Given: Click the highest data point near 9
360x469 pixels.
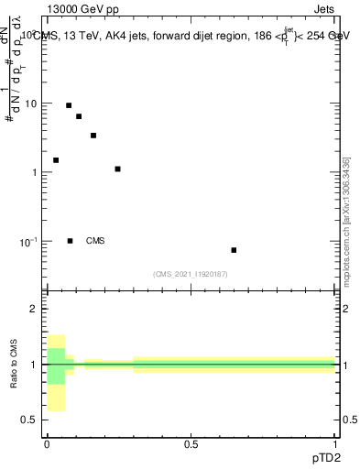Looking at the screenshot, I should pyautogui.click(x=69, y=105).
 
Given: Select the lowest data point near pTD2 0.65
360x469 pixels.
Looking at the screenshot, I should pyautogui.click(x=234, y=250).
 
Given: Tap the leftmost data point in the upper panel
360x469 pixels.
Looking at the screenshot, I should pyautogui.click(x=56, y=160).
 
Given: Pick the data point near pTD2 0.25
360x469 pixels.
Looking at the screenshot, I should pyautogui.click(x=118, y=169).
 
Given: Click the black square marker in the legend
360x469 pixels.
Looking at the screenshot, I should pyautogui.click(x=71, y=241).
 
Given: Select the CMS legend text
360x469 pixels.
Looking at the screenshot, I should pyautogui.click(x=95, y=241).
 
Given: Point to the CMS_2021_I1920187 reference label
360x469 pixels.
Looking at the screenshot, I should pyautogui.click(x=191, y=274).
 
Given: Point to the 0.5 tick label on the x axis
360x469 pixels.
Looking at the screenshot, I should pyautogui.click(x=191, y=444).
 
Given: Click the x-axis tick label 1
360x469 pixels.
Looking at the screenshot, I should pyautogui.click(x=335, y=444).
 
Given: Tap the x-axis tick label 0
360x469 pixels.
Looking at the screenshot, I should pyautogui.click(x=47, y=444).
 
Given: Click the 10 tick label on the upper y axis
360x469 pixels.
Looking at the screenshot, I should pyautogui.click(x=32, y=104).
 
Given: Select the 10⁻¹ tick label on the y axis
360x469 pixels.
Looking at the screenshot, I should pyautogui.click(x=30, y=241).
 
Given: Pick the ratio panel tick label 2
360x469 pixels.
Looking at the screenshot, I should pyautogui.click(x=35, y=310).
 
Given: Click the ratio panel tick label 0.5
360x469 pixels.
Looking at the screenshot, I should pyautogui.click(x=30, y=420).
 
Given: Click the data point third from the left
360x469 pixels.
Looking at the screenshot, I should pyautogui.click(x=79, y=116).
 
